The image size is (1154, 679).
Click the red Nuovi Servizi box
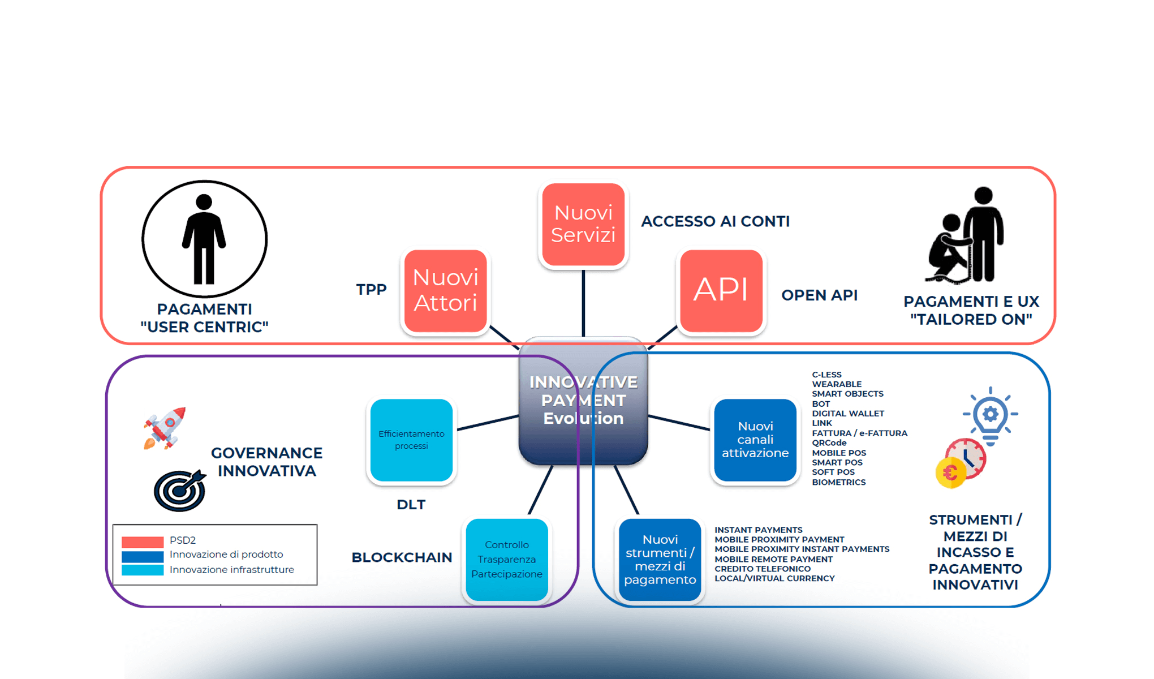coord(583,224)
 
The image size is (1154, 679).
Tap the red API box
coord(721,291)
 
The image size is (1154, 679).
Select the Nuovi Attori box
coord(445,291)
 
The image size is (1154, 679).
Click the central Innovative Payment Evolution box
coord(583,401)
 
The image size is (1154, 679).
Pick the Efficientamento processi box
coord(411,440)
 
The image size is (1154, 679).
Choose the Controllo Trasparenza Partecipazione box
coord(506,560)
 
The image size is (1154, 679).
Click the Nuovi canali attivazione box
coord(755,440)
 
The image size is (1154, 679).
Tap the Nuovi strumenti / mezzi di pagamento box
coord(660,560)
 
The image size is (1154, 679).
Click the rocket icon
coord(165,428)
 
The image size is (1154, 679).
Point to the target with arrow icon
coord(180,490)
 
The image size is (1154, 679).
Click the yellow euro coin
coord(950,472)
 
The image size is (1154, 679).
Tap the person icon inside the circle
coord(204,239)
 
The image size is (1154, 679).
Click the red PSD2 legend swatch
coord(143,542)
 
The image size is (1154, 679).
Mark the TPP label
coord(371,290)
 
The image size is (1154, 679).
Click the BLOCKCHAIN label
coord(402,557)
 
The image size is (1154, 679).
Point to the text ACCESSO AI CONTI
coord(715,221)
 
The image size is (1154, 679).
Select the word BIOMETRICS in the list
coord(838,482)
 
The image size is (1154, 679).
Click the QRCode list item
coord(829,443)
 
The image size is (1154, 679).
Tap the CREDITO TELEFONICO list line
coord(762,569)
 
